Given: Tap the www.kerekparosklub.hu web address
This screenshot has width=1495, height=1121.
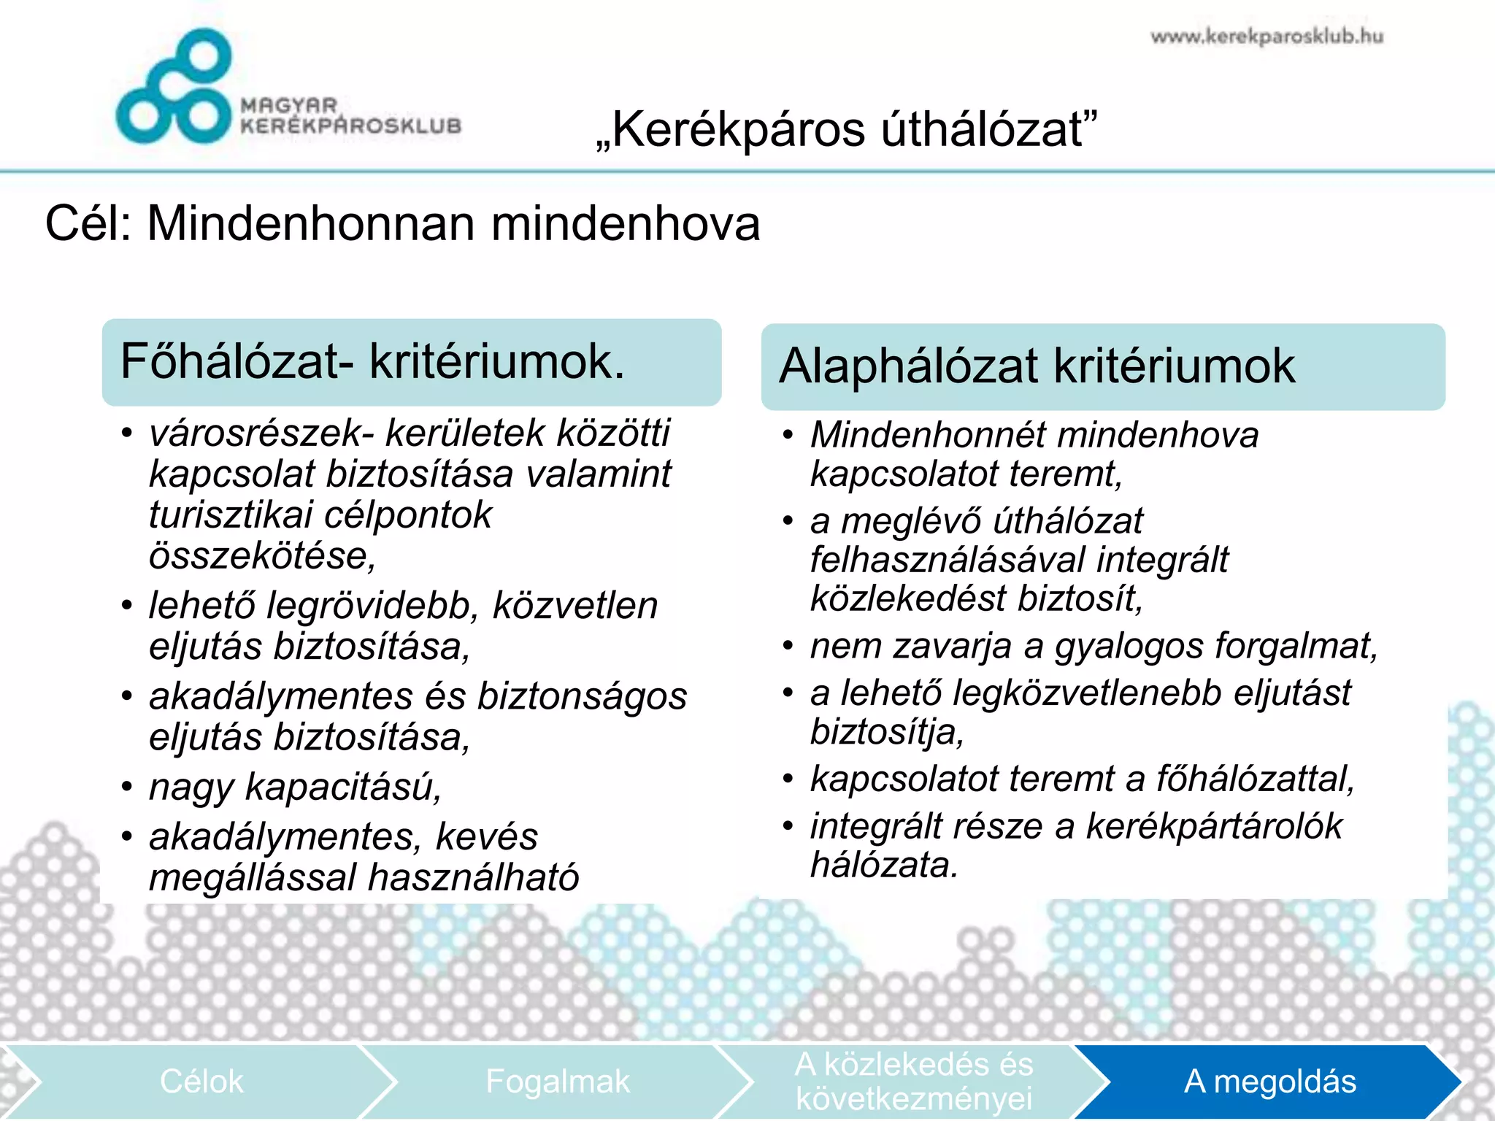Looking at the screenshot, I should click(x=1267, y=36).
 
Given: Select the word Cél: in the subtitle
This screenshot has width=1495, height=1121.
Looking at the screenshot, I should click(x=88, y=223).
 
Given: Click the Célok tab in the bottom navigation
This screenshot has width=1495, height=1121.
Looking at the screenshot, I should click(x=201, y=1082).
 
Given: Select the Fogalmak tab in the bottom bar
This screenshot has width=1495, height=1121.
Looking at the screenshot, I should click(x=557, y=1082).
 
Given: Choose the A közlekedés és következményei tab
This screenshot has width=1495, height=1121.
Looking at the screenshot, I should click(x=913, y=1082).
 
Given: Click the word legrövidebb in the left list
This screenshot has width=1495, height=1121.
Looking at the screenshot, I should click(x=372, y=606).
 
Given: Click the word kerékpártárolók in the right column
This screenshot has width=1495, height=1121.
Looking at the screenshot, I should click(x=1213, y=827).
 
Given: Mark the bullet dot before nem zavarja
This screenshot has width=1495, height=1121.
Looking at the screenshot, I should click(x=787, y=647).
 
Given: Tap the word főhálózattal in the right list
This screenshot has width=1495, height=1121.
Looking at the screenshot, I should click(x=1256, y=779).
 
